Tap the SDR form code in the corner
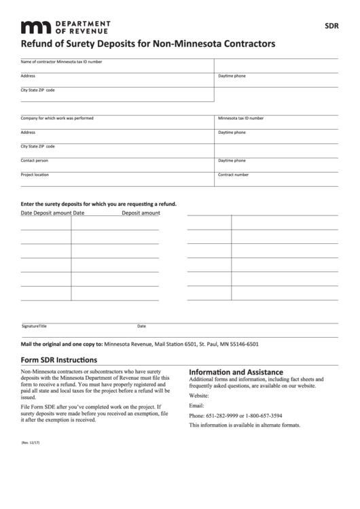[x=331, y=27]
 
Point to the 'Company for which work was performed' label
[x=57, y=118]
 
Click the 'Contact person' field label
[x=34, y=160]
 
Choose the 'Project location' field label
[x=35, y=175]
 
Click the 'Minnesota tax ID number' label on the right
[x=240, y=118]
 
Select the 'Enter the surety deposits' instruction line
[x=98, y=203]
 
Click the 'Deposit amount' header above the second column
[x=141, y=213]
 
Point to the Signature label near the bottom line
[x=29, y=326]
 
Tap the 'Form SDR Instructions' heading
[x=58, y=360]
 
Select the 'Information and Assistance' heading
[x=235, y=372]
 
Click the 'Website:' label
[x=199, y=395]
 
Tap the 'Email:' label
[x=196, y=405]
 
